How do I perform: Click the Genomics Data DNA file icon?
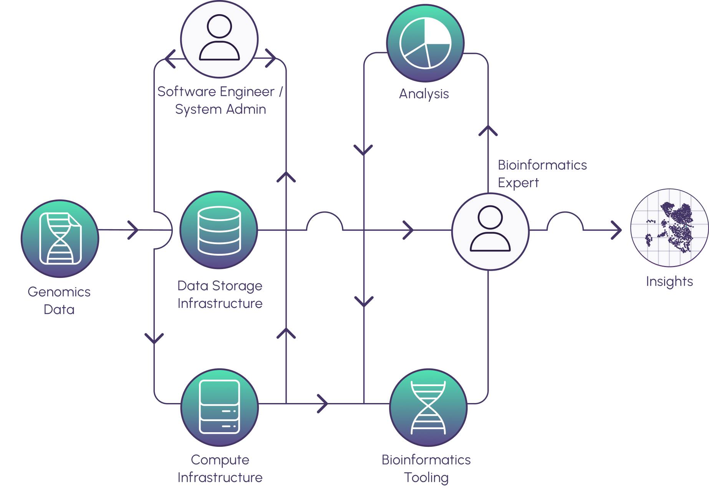pos(60,238)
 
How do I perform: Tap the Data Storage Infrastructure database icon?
pos(219,230)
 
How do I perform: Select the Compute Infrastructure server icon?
pos(220,407)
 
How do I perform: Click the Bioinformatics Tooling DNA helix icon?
pos(428,407)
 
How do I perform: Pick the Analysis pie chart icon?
pos(425,43)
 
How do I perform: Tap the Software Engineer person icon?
pos(219,38)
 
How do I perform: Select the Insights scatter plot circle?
pos(669,228)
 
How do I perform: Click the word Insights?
pos(669,281)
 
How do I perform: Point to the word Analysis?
pos(424,94)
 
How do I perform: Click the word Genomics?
pos(59,292)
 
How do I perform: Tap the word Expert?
pos(518,183)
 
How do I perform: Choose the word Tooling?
pos(426,478)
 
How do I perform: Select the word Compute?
pos(220,460)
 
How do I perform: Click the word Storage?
pos(237,286)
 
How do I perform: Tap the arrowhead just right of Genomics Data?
pos(133,230)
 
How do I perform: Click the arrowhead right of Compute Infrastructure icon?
pos(323,403)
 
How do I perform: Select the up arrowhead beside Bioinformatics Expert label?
pos(488,131)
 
